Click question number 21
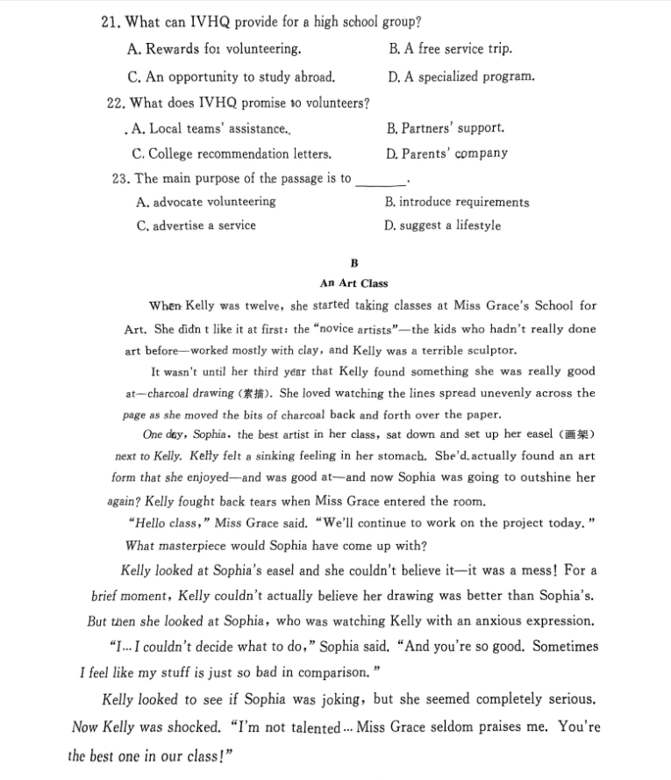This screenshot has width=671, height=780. tap(111, 21)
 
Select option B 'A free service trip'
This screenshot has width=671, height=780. tap(450, 49)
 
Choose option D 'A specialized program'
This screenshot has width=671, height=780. tap(460, 76)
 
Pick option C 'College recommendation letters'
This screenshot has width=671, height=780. tap(232, 154)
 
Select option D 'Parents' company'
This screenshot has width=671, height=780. tap(446, 154)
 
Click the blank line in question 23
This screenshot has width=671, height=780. tap(381, 181)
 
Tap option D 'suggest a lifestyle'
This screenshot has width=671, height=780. tap(443, 225)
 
